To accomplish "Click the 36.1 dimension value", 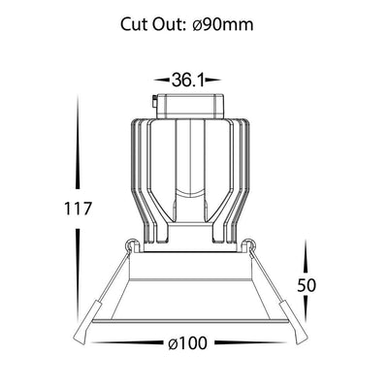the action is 187,80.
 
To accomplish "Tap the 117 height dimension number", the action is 78,209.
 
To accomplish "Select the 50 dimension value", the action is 307,285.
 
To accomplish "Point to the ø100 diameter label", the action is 187,342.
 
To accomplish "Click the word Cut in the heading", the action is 135,24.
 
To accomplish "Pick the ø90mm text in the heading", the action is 223,24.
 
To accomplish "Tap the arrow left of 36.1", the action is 162,80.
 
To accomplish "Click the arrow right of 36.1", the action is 212,80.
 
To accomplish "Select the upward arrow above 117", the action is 78,142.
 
